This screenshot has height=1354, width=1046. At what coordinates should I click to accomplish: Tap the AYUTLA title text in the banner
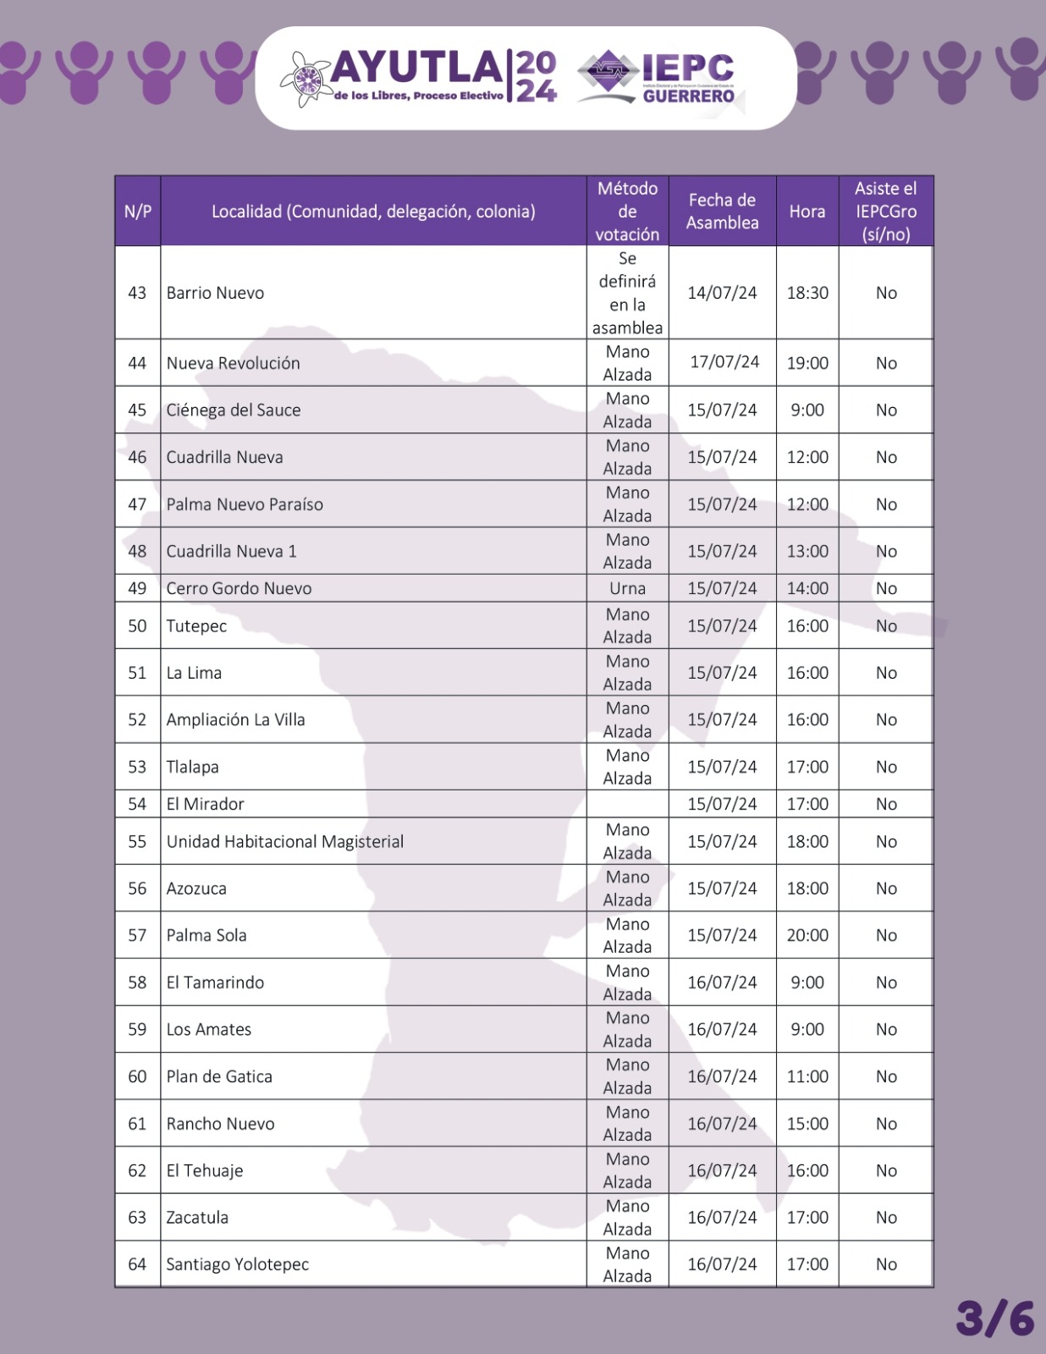pos(417,68)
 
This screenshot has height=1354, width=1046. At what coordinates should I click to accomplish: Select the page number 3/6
pos(995,1318)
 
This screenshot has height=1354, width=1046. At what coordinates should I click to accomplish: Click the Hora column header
pos(807,212)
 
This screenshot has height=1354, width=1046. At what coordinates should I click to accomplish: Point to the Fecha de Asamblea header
pos(722,212)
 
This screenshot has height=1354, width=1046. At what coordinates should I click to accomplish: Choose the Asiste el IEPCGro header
pos(886,212)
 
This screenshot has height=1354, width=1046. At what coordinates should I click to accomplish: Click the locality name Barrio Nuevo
pos(216,293)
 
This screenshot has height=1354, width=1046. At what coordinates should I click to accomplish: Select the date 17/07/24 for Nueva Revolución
pos(724,362)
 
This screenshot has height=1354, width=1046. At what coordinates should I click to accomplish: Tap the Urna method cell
pos(627,588)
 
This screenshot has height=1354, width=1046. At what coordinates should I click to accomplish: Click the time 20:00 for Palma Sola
pos(807,935)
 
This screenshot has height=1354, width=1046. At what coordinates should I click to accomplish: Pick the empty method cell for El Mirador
pos(627,804)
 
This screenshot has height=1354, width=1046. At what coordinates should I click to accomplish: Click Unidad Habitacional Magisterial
pos(285,841)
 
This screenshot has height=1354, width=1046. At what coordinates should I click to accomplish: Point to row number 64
pos(137,1264)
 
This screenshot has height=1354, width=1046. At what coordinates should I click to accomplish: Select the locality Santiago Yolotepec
pos(238,1264)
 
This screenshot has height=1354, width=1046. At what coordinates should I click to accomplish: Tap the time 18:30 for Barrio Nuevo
pos(807,293)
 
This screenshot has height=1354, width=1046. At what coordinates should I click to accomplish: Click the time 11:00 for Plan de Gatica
pos(807,1076)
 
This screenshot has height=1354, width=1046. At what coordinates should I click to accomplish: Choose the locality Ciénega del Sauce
pos(234,410)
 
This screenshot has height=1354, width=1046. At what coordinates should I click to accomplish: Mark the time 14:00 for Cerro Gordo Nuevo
pos(807,588)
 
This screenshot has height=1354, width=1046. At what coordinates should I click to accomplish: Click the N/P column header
pos(138,212)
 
